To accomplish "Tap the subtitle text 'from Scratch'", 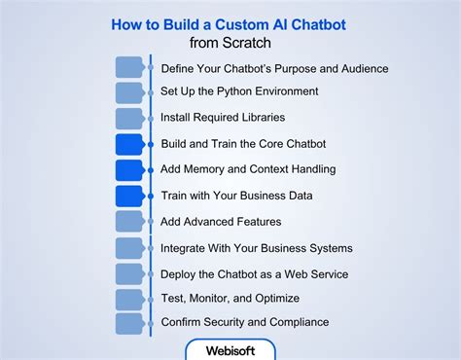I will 230,43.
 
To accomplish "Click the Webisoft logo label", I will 230,349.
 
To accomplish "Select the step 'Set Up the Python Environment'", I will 239,92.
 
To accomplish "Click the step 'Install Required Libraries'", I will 223,118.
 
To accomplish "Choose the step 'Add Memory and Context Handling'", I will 248,169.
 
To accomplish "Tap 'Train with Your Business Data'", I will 236,196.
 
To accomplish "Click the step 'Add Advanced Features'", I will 221,222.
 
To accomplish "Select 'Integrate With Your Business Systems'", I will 256,248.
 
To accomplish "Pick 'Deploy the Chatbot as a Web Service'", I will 254,273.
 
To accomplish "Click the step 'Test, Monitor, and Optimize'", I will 230,298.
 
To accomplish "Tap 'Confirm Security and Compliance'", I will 244,322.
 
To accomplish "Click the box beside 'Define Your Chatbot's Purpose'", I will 129,67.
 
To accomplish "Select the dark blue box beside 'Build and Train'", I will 129,144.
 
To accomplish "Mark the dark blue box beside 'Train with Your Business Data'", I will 129,196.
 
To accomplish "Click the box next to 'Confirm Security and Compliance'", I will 129,323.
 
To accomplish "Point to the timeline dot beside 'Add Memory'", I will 150,170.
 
